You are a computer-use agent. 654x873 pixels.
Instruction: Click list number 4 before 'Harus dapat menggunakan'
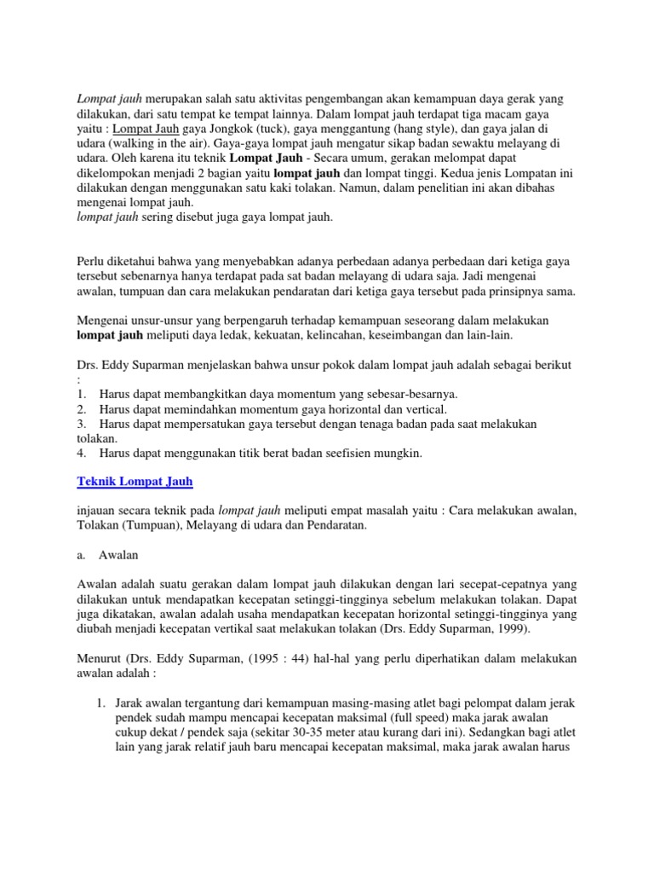coord(81,453)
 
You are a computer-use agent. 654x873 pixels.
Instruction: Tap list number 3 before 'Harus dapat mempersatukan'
coord(81,424)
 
